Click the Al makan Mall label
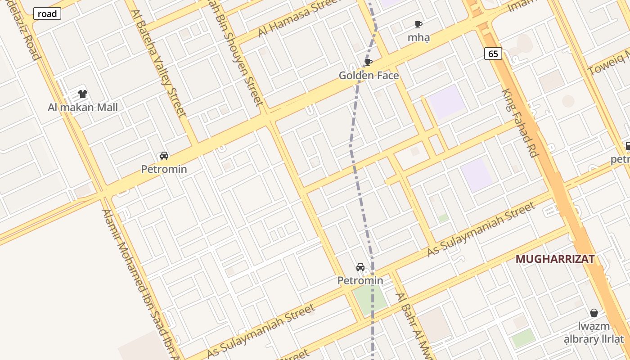[x=83, y=108]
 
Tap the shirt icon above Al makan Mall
[x=83, y=94]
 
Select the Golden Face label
[x=369, y=76]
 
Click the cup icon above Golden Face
[x=369, y=62]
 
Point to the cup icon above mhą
[x=418, y=24]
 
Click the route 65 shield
[x=493, y=54]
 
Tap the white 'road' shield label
[x=47, y=14]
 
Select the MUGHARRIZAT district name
[x=555, y=259]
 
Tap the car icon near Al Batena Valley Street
[x=164, y=156]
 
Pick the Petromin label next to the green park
[x=360, y=281]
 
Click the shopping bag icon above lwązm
[x=594, y=313]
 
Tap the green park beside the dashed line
[x=370, y=298]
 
